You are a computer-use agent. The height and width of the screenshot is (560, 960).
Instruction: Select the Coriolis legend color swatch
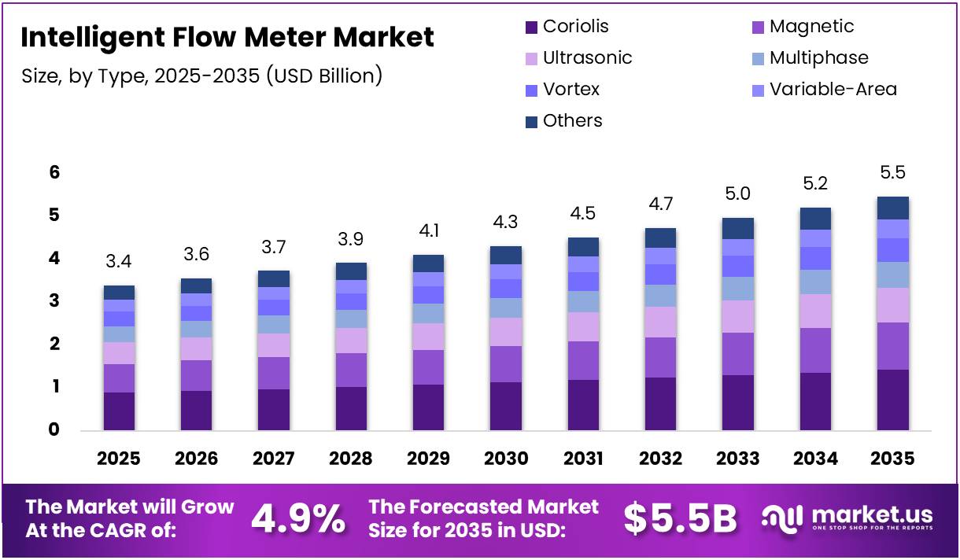pos(531,28)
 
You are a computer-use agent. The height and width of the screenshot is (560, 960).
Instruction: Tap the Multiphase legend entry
pos(819,57)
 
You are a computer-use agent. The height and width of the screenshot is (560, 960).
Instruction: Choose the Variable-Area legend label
pos(833,89)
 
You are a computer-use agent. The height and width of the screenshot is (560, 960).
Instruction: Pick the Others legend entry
pos(572,120)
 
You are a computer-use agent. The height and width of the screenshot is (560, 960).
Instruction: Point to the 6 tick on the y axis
pos(54,172)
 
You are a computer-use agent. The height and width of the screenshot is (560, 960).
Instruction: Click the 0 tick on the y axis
pos(54,429)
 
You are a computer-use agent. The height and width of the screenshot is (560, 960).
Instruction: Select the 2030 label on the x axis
pos(505,459)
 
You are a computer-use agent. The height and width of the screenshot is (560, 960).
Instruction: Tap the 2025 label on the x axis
pos(119,459)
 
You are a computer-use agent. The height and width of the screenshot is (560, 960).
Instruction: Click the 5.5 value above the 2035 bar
pos(892,172)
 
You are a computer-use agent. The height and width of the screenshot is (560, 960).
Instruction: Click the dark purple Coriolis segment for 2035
pos(892,400)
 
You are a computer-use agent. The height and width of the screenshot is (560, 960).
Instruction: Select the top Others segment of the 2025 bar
pos(119,293)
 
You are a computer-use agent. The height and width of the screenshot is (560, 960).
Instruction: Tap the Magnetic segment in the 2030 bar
pos(505,364)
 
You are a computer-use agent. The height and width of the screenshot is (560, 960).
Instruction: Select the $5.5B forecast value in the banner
pos(680,518)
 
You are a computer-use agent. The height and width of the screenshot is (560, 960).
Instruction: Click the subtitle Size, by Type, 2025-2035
pos(202,76)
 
